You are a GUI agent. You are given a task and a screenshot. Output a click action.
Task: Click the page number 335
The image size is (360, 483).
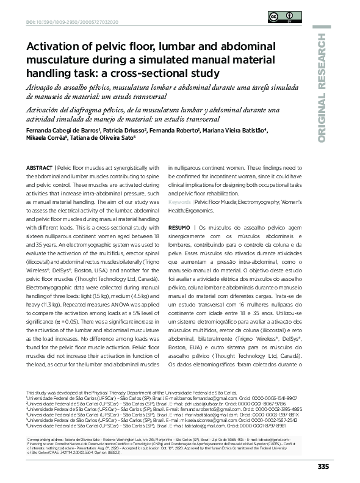pos(323,467)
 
